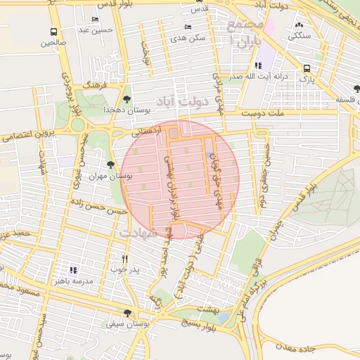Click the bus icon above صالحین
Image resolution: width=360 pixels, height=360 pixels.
pyautogui.click(x=54, y=32)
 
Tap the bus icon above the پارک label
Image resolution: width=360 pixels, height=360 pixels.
pyautogui.click(x=307, y=68)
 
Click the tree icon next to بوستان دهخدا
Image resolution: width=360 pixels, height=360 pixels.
pyautogui.click(x=127, y=99)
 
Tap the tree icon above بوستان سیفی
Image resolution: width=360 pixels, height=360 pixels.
pyautogui.click(x=127, y=313)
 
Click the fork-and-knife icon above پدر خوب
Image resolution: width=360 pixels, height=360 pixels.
pyautogui.click(x=125, y=258)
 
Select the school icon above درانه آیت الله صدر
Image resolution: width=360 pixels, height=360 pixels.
pyautogui.click(x=265, y=65)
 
